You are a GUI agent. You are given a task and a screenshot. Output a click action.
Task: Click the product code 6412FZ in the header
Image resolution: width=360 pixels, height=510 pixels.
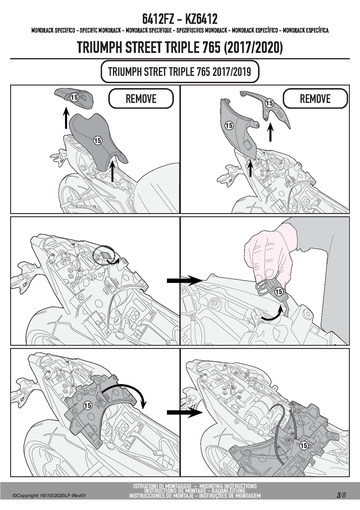point(158,19)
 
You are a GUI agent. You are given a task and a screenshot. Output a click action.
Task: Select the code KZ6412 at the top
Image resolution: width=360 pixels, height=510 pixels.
point(201,19)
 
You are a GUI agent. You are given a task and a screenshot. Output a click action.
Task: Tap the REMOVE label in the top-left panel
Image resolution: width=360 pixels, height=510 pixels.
point(141,99)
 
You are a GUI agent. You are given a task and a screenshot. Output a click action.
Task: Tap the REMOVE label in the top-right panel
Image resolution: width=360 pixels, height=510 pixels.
point(315,99)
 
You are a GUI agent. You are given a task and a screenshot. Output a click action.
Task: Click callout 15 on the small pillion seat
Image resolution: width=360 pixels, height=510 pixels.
point(74,97)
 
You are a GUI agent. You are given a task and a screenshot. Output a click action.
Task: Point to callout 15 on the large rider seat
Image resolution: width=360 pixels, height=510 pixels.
point(98,141)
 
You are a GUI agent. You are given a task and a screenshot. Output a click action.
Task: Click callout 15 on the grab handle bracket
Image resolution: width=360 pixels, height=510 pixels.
point(269,103)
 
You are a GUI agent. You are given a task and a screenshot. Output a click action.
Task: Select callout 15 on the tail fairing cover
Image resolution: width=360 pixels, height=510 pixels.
point(229,125)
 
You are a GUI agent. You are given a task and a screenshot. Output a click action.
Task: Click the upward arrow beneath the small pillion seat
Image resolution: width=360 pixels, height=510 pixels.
point(66,118)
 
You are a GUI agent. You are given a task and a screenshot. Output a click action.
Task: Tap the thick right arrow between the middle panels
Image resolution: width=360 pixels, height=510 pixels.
point(184,281)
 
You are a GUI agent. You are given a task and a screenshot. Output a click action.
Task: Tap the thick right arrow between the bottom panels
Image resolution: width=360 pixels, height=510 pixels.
point(184,412)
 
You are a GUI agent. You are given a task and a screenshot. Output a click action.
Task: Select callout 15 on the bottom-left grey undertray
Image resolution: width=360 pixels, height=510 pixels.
point(87,405)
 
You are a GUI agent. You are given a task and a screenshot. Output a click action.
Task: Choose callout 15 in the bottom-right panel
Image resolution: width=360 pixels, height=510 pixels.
point(303,445)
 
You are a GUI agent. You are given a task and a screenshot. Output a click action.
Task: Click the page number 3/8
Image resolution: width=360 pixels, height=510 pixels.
point(341,495)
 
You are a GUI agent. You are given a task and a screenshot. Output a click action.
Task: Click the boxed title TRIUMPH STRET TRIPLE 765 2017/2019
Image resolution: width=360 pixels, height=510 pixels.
point(180,72)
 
